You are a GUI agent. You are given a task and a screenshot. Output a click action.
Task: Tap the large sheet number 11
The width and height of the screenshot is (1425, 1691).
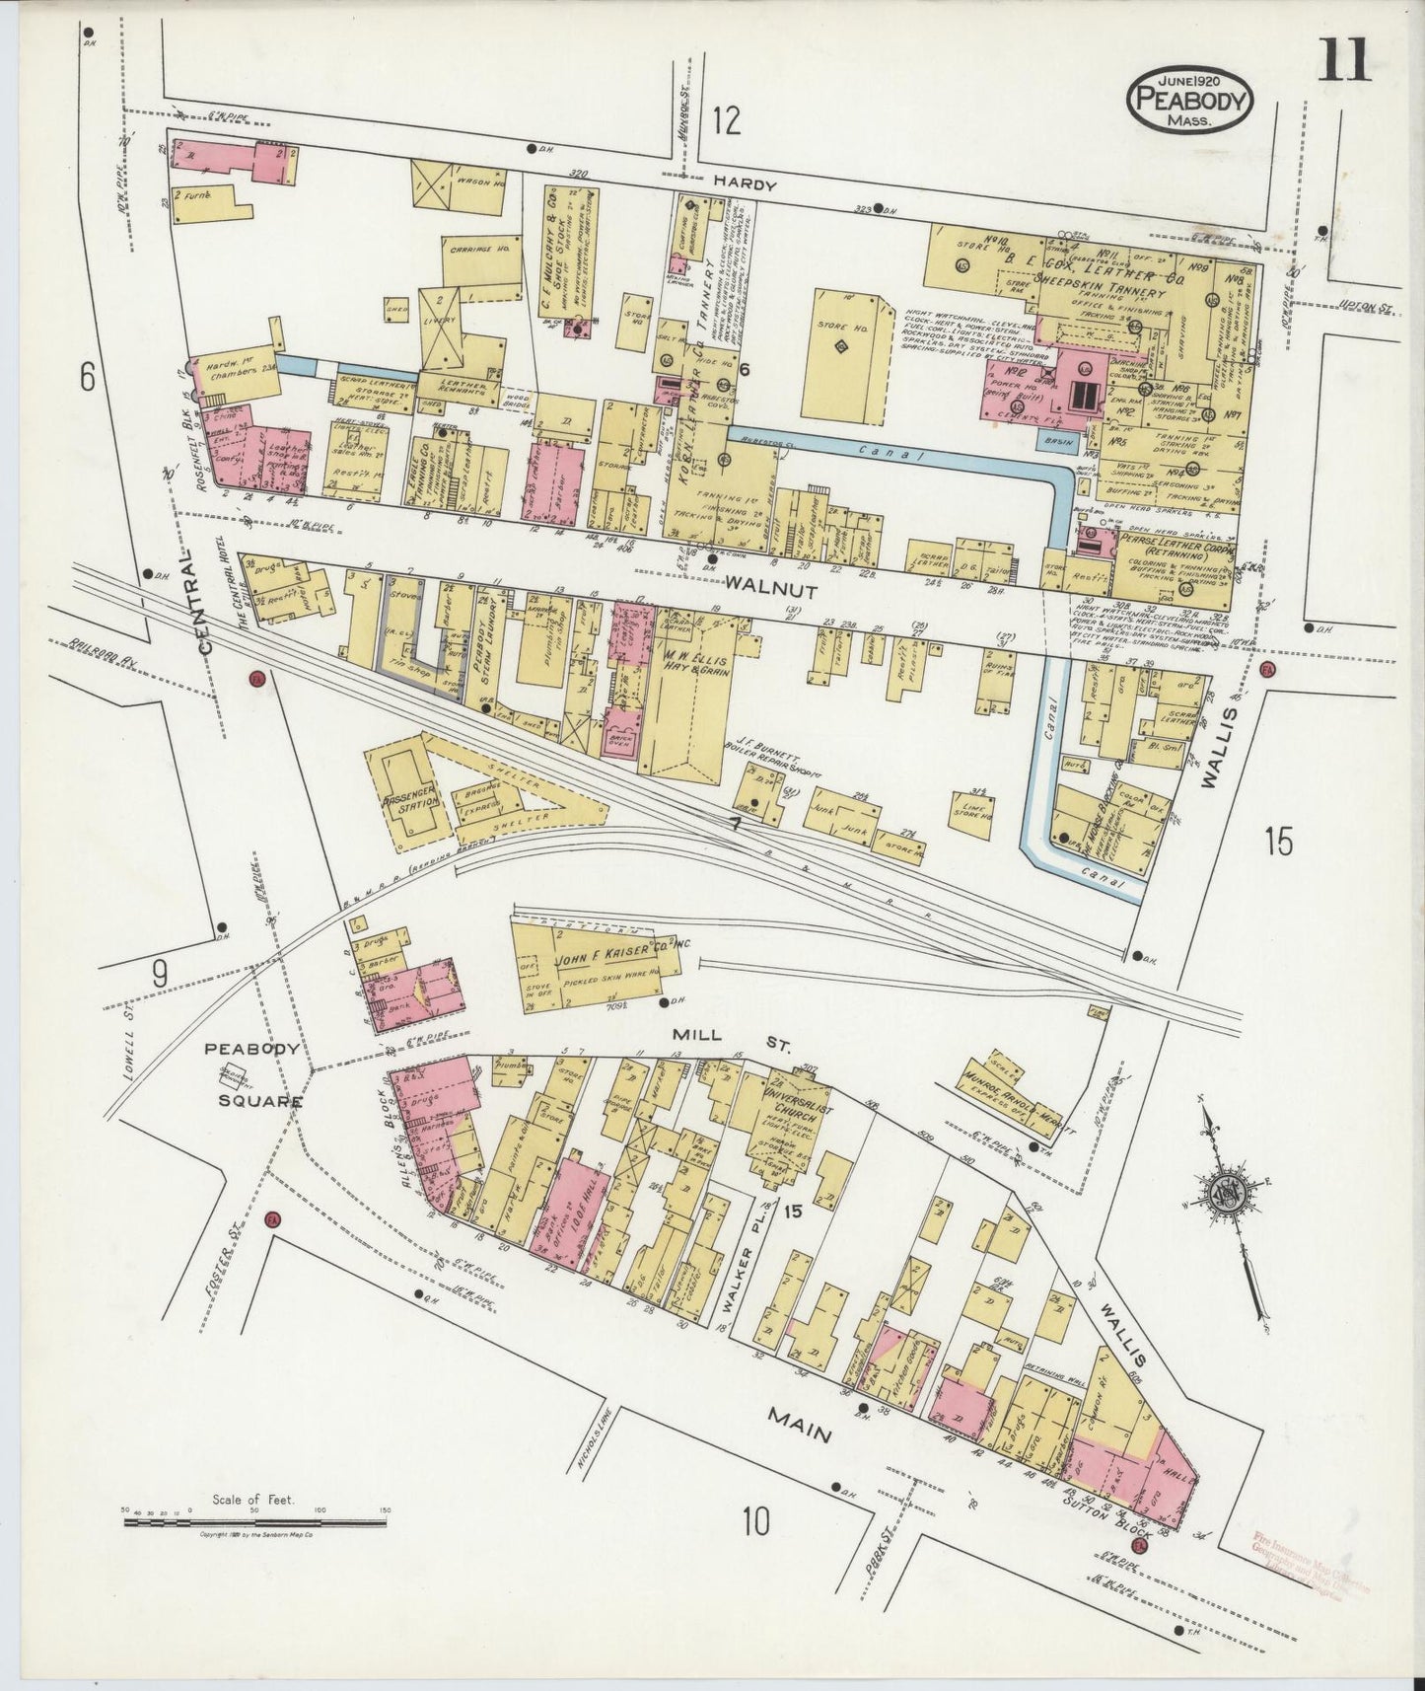[1343, 60]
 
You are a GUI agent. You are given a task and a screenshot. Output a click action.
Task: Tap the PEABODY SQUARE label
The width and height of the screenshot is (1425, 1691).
[252, 1074]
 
